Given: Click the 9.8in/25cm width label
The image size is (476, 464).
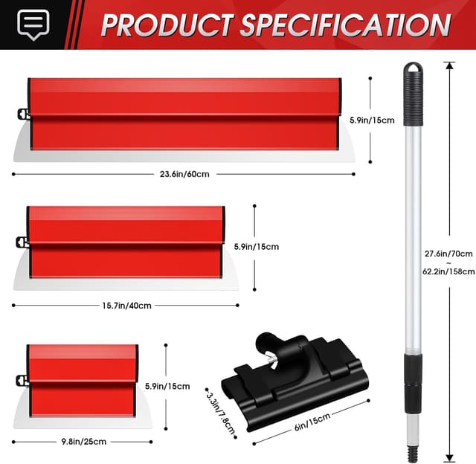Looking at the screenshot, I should pyautogui.click(x=83, y=441).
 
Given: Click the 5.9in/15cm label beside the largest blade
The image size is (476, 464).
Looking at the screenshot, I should pyautogui.click(x=372, y=119).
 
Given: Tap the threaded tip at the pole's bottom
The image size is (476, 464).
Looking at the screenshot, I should pyautogui.click(x=411, y=451).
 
